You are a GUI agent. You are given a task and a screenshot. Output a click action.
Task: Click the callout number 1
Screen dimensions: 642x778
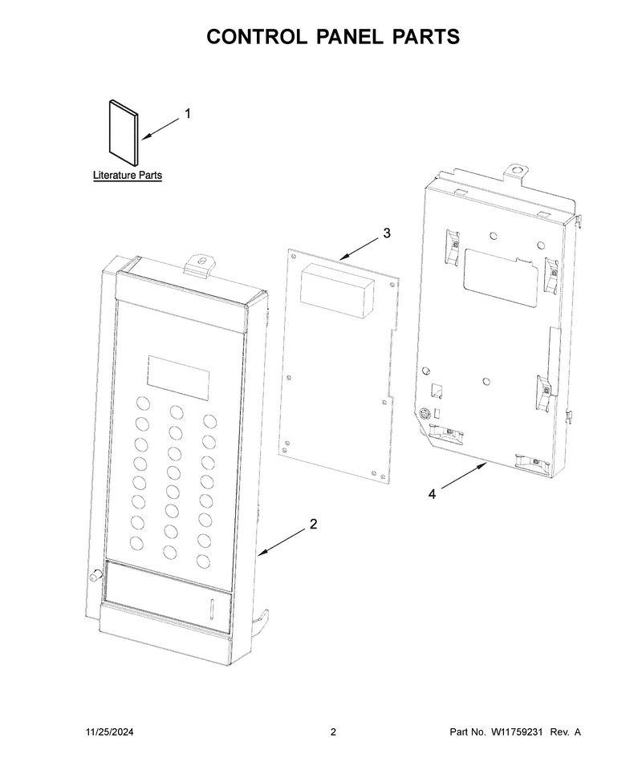click(x=188, y=114)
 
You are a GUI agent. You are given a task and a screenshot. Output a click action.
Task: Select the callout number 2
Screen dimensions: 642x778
click(x=313, y=524)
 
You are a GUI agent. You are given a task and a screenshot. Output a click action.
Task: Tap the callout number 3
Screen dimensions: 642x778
click(x=387, y=233)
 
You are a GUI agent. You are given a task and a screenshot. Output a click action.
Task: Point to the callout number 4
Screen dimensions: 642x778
click(x=432, y=494)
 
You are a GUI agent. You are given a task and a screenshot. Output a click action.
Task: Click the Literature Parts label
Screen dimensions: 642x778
click(x=128, y=175)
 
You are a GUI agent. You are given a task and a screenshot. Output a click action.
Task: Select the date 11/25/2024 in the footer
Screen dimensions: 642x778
click(x=110, y=731)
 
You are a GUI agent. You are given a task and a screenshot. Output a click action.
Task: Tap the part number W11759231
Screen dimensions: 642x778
click(x=516, y=731)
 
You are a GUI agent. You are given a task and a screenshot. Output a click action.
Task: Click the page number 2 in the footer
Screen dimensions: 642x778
click(x=333, y=731)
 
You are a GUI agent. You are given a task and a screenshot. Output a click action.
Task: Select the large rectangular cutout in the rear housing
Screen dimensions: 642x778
click(x=500, y=275)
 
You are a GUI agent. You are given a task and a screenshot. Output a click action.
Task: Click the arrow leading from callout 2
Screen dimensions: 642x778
click(x=282, y=541)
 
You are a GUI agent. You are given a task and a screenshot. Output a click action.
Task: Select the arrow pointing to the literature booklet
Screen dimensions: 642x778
click(x=160, y=129)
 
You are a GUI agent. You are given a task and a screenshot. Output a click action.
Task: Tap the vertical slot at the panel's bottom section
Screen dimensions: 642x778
click(x=211, y=609)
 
